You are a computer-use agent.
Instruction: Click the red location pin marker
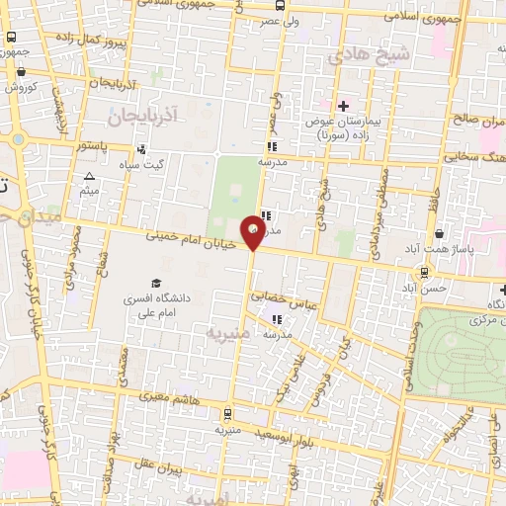click(254, 233)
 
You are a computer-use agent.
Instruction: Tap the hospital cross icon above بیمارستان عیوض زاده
click(343, 106)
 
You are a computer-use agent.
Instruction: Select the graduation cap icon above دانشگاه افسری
click(154, 283)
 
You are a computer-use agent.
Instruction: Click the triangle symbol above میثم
click(89, 175)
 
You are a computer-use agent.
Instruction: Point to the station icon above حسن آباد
click(425, 272)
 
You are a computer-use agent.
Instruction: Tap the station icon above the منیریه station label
click(228, 415)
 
